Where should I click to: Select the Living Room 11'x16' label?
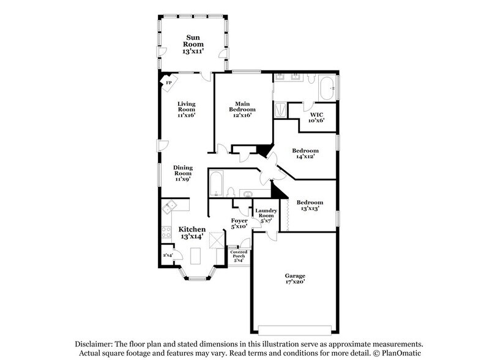[187, 110]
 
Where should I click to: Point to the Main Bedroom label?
[242, 110]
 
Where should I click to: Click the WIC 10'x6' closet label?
[316, 117]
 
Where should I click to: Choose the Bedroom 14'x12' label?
[305, 154]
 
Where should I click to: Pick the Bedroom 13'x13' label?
[309, 206]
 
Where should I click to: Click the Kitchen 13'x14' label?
[192, 233]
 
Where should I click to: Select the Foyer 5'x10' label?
[239, 223]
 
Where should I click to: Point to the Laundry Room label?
[266, 216]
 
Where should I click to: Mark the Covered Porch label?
[239, 257]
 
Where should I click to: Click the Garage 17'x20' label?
[295, 279]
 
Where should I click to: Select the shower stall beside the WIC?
[280, 111]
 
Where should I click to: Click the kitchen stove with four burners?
[166, 233]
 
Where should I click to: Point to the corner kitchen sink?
[168, 207]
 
